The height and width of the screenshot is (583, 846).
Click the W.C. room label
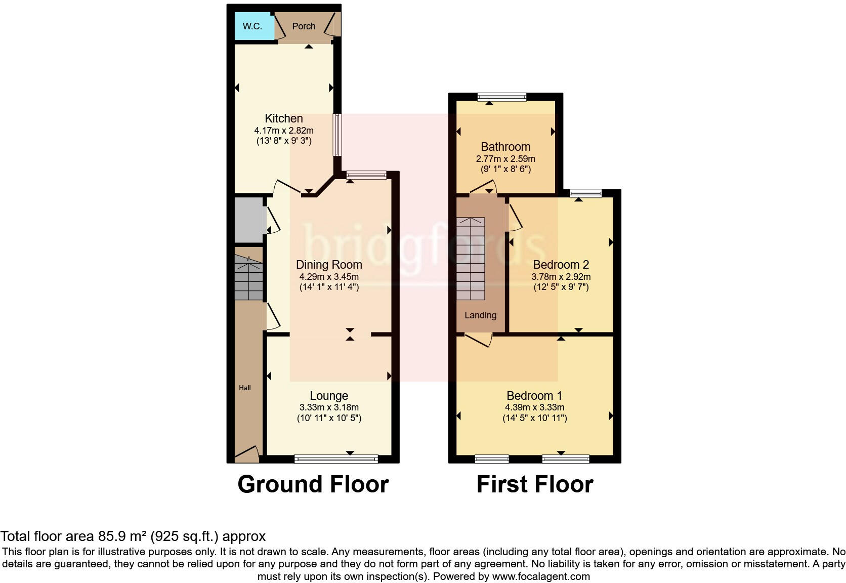pyautogui.click(x=252, y=26)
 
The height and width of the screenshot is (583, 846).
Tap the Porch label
pyautogui.click(x=304, y=26)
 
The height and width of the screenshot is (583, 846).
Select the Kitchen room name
pyautogui.click(x=284, y=118)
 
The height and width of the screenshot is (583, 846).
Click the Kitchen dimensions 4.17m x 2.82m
pyautogui.click(x=284, y=131)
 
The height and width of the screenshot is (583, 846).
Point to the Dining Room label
pyautogui.click(x=329, y=265)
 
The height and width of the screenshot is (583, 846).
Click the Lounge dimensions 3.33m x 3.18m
pyautogui.click(x=329, y=407)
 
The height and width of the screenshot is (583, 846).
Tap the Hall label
pyautogui.click(x=245, y=388)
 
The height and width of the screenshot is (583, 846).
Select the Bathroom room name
pyautogui.click(x=505, y=147)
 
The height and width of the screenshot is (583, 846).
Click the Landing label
pyautogui.click(x=480, y=315)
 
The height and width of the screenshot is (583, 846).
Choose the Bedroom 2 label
pyautogui.click(x=561, y=265)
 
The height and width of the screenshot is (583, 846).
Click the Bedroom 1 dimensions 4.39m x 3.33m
pyautogui.click(x=534, y=407)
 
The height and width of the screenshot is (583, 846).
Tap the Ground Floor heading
pyautogui.click(x=313, y=484)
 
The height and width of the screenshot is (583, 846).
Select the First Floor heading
pyautogui.click(x=534, y=484)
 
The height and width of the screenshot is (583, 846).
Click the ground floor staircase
pyautogui.click(x=248, y=279)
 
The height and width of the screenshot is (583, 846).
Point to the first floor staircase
pyautogui.click(x=471, y=259)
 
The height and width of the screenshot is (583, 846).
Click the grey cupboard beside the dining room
pyautogui.click(x=249, y=220)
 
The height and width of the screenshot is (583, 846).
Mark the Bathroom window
pyautogui.click(x=502, y=97)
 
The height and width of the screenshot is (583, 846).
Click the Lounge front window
pyautogui.click(x=336, y=459)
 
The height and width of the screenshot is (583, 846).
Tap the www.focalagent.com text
pyautogui.click(x=540, y=576)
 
